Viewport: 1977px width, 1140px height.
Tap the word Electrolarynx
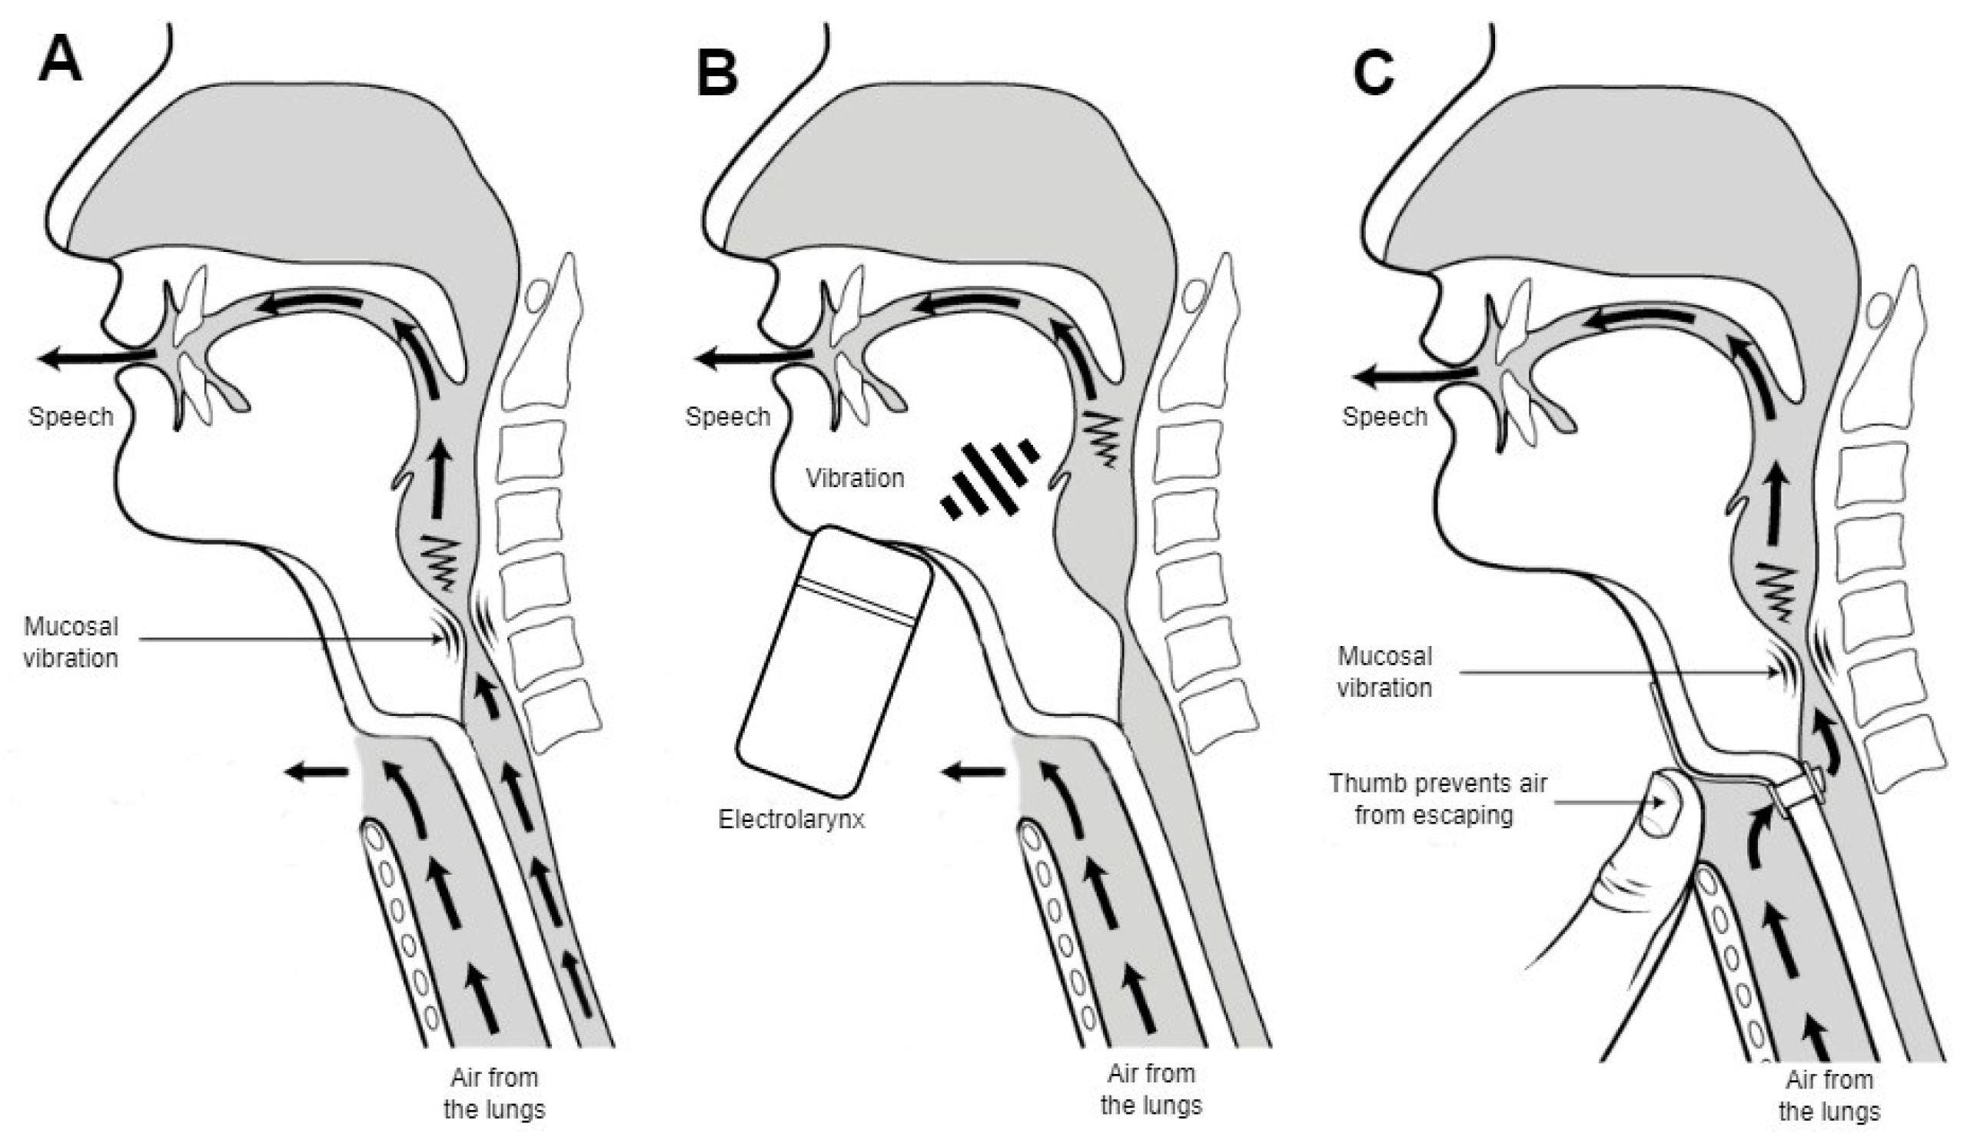791,819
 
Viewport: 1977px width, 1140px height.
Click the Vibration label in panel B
855,478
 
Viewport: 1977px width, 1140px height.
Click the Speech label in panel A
71,416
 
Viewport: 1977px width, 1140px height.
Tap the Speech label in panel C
1384,416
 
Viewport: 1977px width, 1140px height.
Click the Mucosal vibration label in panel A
71,642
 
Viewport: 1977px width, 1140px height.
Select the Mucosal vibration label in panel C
1384,671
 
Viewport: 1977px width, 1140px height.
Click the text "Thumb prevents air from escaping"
1437,799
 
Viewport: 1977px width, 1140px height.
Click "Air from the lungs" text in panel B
1151,1089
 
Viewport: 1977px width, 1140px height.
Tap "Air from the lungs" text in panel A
494,1093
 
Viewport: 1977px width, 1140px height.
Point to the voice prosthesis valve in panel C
1800,797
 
